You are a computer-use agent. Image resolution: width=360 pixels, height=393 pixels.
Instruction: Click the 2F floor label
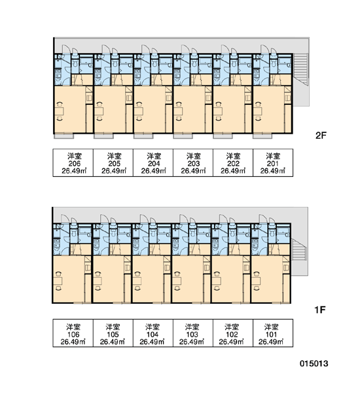click(x=321, y=136)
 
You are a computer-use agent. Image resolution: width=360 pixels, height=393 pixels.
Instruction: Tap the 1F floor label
click(x=320, y=310)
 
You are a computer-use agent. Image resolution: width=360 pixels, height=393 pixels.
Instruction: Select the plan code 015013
click(x=314, y=364)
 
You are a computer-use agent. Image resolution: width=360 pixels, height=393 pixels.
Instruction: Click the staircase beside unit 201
click(x=300, y=69)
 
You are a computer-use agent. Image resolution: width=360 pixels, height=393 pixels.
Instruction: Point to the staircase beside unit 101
click(x=299, y=250)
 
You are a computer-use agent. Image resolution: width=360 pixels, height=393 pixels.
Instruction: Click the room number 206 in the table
click(x=75, y=164)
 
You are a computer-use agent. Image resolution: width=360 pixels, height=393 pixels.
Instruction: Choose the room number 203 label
click(x=194, y=164)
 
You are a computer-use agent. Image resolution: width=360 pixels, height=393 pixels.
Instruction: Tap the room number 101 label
click(x=271, y=334)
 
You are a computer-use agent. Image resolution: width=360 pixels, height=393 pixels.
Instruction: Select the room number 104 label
click(x=153, y=334)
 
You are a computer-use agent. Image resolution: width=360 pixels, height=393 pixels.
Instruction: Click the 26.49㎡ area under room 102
click(x=232, y=342)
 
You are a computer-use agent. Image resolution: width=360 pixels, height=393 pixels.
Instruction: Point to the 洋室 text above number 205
click(x=115, y=156)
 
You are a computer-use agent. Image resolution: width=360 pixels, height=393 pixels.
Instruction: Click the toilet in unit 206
click(x=75, y=63)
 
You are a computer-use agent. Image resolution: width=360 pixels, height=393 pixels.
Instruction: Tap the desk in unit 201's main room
click(x=258, y=111)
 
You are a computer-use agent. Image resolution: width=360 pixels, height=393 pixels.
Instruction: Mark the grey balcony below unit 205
click(x=103, y=136)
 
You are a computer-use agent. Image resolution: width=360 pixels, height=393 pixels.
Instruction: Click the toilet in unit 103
click(x=192, y=233)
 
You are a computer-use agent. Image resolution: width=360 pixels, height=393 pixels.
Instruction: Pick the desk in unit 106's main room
click(x=58, y=281)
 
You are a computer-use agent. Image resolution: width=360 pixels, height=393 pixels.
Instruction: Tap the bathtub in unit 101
click(x=283, y=231)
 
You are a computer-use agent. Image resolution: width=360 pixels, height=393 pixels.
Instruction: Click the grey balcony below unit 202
click(x=223, y=136)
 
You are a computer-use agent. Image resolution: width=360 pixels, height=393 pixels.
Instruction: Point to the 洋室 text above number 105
click(x=113, y=327)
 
